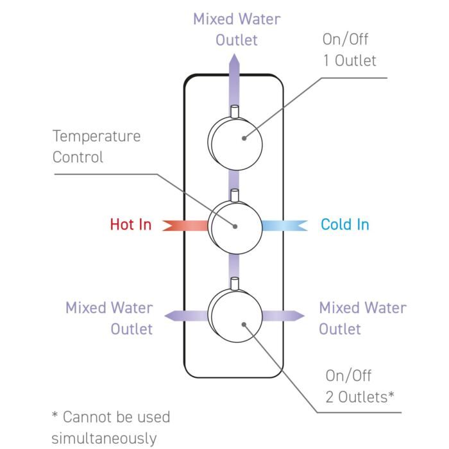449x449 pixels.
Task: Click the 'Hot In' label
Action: click(131, 224)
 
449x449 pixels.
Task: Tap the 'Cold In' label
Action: click(345, 224)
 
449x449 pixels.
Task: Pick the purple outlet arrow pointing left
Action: click(183, 315)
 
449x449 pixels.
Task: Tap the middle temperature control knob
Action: click(235, 226)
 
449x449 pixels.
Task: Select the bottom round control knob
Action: click(235, 316)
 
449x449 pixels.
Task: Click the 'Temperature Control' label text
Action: click(96, 146)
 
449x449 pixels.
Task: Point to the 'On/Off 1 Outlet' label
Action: click(349, 50)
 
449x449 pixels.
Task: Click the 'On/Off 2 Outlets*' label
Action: click(359, 386)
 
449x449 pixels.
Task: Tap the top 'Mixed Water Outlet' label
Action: click(237, 30)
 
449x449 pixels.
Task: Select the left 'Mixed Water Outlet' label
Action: click(109, 318)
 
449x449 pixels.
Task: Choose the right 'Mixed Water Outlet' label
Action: click(362, 318)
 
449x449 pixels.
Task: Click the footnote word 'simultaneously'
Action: click(103, 439)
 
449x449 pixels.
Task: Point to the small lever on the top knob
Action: click(235, 112)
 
